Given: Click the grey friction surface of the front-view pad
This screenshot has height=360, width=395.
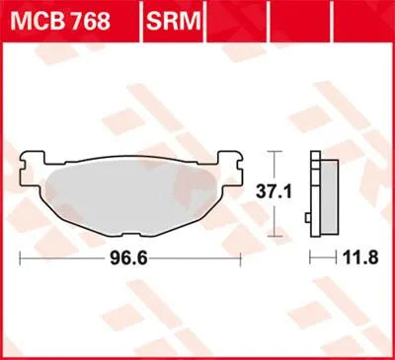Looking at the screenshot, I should click(128, 192).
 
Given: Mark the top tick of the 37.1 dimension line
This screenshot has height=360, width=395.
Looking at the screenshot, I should click(276, 151).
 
